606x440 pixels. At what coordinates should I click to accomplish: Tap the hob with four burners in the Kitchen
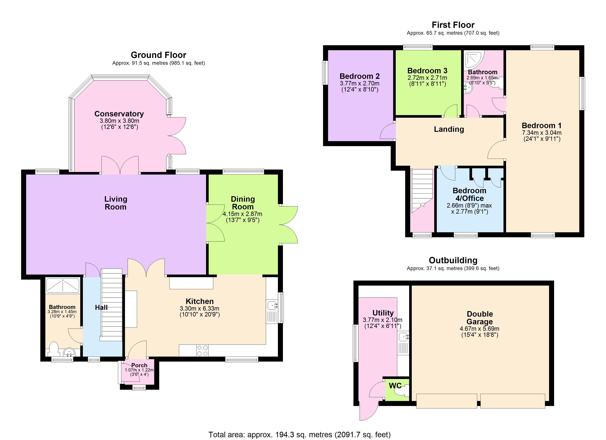202,350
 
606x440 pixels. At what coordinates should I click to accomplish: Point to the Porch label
139,365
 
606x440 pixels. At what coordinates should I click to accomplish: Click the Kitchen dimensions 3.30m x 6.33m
200,308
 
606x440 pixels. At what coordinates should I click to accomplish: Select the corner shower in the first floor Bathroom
474,59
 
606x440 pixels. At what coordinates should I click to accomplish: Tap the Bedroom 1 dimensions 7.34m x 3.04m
541,133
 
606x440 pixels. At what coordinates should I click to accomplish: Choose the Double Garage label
480,318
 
